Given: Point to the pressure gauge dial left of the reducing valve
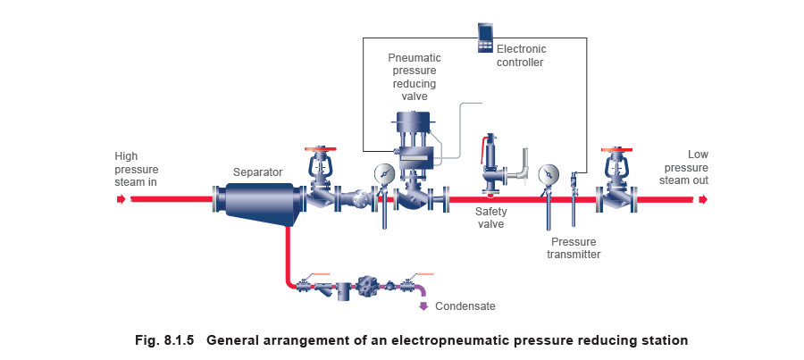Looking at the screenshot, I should (383, 172).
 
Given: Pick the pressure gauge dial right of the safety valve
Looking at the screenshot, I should (549, 172).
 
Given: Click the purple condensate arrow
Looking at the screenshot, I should (423, 306).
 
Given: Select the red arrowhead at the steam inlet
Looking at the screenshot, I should (121, 199).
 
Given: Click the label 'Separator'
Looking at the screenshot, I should (258, 171).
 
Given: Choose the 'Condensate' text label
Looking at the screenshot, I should (465, 306).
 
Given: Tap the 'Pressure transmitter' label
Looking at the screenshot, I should (573, 247).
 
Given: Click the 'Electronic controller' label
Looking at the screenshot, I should (519, 54).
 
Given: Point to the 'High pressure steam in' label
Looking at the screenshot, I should (136, 169).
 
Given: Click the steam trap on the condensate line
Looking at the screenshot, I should (367, 287).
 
